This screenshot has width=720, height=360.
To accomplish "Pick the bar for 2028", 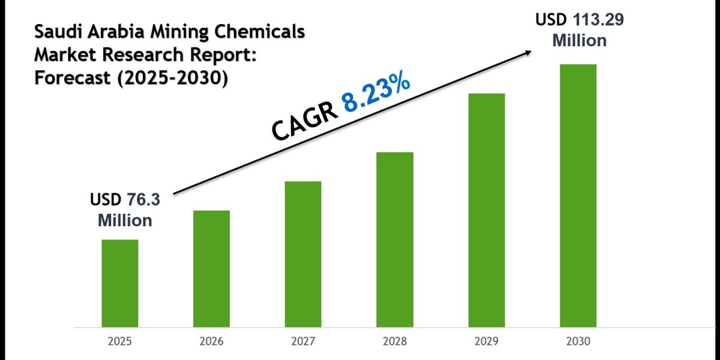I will pyautogui.click(x=395, y=239).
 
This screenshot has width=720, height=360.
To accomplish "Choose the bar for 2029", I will pyautogui.click(x=487, y=210).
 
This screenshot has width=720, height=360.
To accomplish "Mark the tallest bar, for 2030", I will pyautogui.click(x=578, y=196).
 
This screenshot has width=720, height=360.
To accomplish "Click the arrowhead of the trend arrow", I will pyautogui.click(x=527, y=52).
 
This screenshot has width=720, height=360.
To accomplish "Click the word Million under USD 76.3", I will pyautogui.click(x=125, y=220).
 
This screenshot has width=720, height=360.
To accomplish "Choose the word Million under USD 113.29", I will pyautogui.click(x=579, y=40).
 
